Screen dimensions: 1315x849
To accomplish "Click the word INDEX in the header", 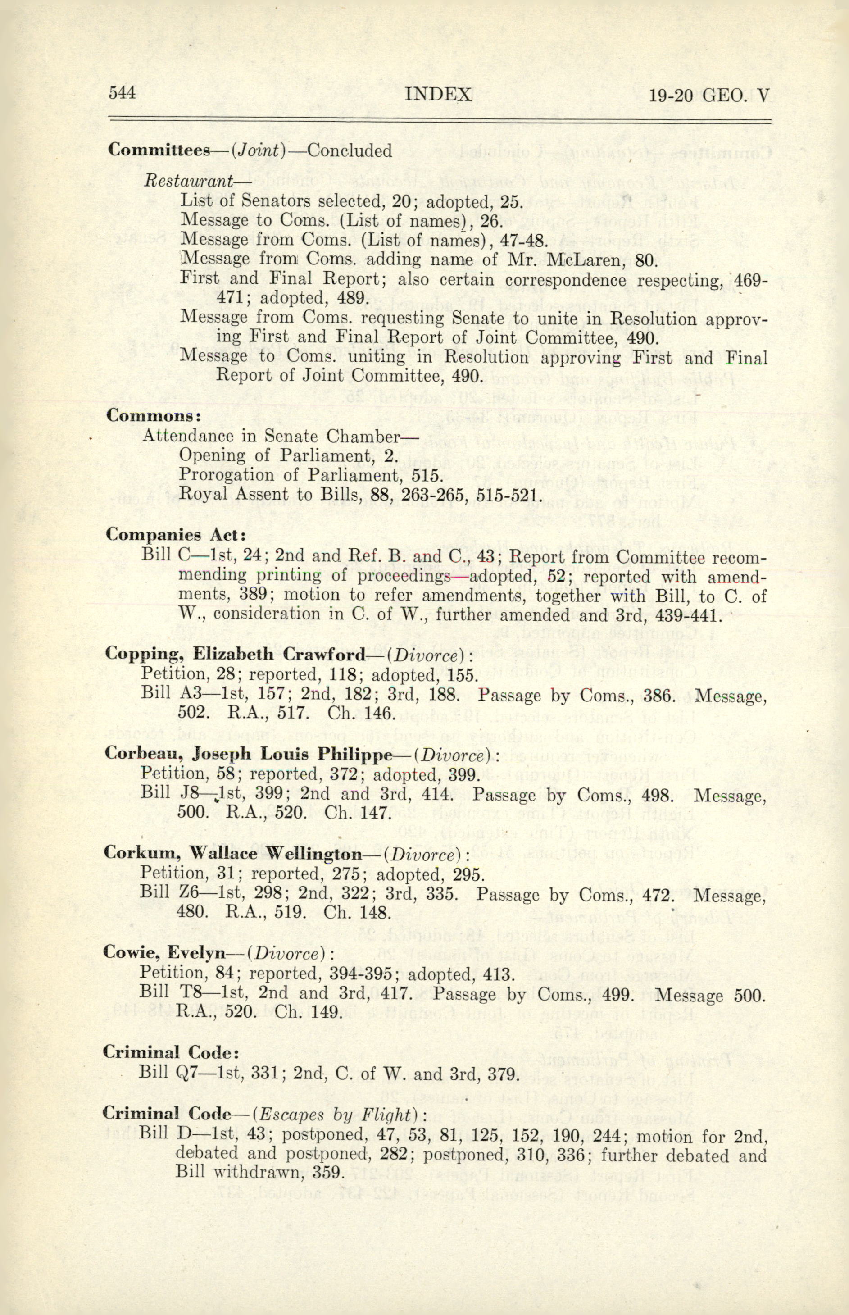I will (x=438, y=95).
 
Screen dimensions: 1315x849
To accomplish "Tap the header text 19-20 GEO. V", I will (x=708, y=96).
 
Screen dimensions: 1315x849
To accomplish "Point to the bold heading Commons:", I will (x=153, y=415).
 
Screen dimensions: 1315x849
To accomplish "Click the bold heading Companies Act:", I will (x=175, y=535).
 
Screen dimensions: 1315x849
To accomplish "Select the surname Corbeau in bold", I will (x=145, y=754).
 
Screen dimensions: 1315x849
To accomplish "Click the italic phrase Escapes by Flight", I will (x=335, y=1115).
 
